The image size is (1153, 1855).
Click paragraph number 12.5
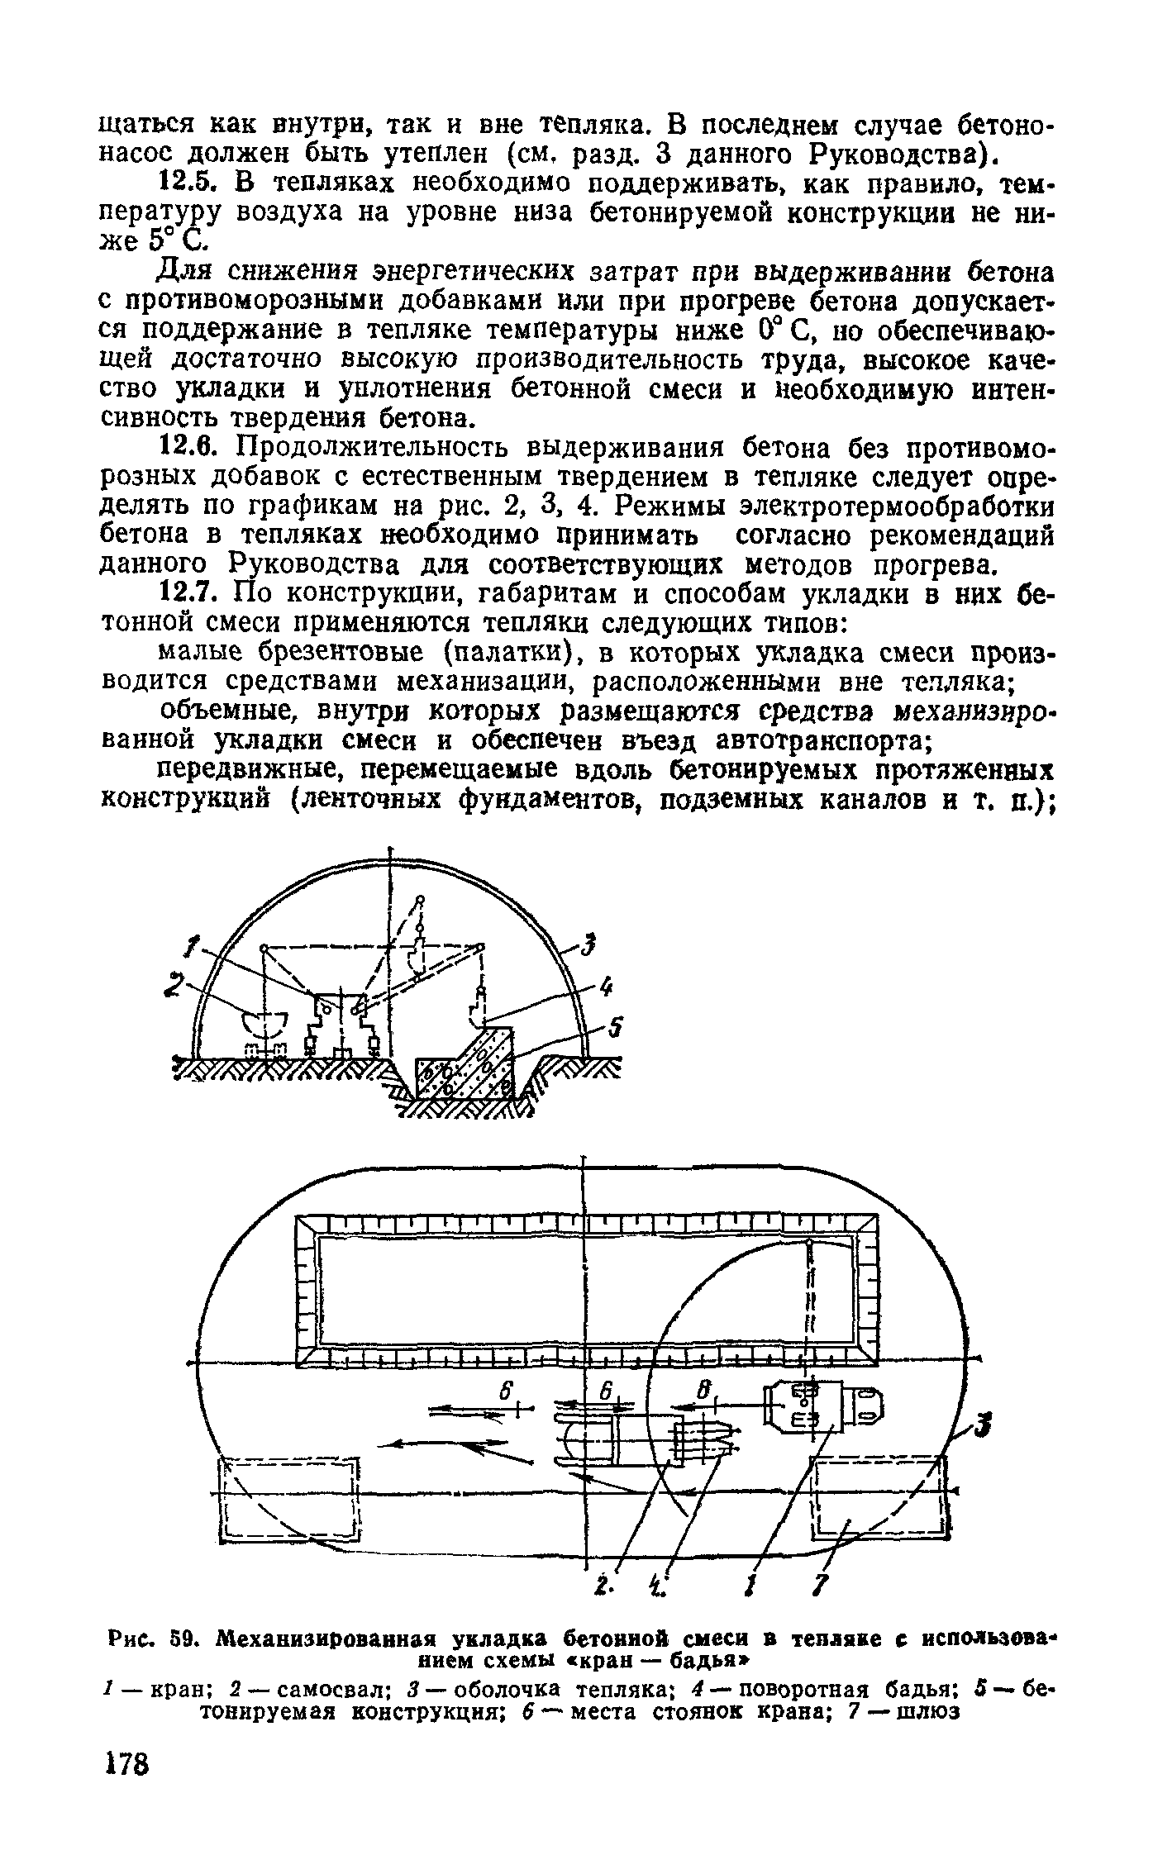185,181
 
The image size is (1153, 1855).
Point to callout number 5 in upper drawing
615,1028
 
